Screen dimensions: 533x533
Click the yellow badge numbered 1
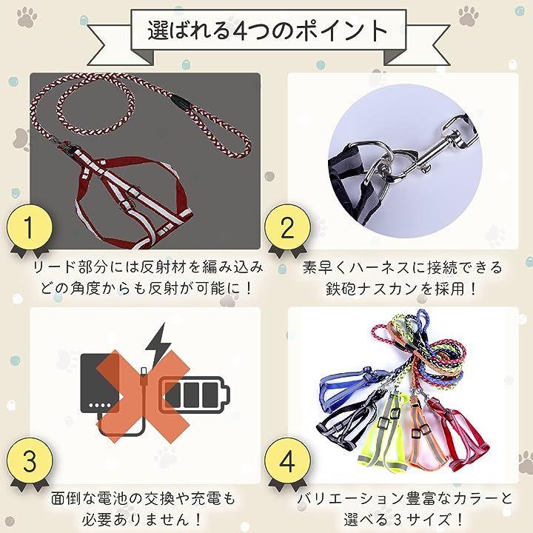[x=30, y=227]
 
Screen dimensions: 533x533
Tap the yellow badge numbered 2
[x=287, y=227]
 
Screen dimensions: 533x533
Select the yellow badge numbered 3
[x=30, y=460]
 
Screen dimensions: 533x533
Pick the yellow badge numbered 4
[x=287, y=460]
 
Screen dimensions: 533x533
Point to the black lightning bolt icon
[x=158, y=346]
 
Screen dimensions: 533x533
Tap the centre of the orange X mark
[x=144, y=396]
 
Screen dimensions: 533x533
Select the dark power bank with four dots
[x=100, y=383]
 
